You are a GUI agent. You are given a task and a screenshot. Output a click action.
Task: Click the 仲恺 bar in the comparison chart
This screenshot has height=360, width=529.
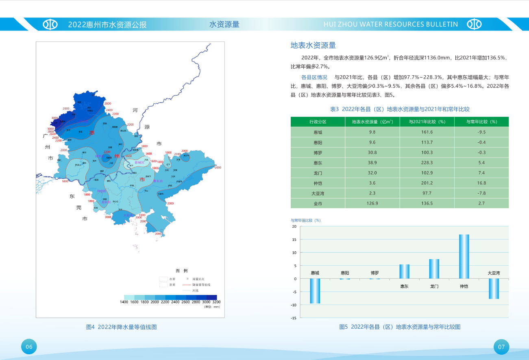[464, 256]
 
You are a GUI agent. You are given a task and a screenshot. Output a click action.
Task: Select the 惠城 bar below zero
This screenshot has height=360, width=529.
[315, 291]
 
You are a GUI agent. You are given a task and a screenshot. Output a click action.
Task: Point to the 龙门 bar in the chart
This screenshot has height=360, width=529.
[434, 268]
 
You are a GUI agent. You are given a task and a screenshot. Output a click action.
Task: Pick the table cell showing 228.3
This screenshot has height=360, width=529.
[427, 163]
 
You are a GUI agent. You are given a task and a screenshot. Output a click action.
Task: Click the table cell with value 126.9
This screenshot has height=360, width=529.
[372, 203]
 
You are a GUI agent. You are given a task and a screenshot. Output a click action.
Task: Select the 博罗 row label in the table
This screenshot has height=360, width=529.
[318, 153]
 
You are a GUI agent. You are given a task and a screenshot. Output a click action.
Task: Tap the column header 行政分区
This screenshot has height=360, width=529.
[318, 122]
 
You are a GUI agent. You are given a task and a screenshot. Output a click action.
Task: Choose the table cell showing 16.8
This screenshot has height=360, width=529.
[481, 183]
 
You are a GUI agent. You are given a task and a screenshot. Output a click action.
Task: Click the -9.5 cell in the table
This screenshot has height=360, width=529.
[481, 132]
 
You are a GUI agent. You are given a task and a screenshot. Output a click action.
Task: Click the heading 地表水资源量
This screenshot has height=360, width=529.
[313, 45]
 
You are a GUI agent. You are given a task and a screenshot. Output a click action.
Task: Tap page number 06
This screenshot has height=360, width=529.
[29, 347]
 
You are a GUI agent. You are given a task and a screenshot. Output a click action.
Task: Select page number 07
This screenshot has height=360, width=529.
[501, 347]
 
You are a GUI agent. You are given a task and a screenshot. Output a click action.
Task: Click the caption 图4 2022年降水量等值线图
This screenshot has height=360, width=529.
[122, 327]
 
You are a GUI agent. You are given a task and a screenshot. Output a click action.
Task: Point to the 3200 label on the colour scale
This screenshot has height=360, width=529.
[216, 302]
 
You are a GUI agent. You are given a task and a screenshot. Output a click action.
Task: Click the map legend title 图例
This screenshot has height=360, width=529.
[181, 271]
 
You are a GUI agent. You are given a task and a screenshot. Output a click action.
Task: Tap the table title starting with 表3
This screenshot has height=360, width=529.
[399, 109]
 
